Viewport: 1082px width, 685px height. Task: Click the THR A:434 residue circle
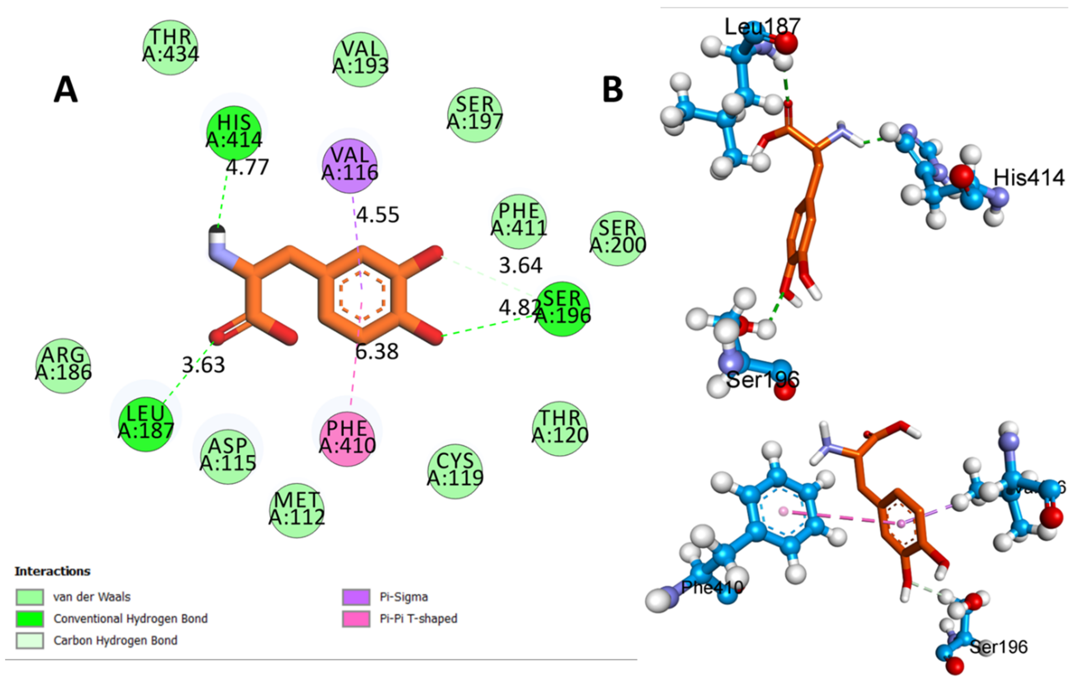pyautogui.click(x=170, y=48)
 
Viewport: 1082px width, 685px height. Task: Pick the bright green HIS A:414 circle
pyautogui.click(x=234, y=133)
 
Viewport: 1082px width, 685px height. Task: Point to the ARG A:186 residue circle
pyautogui.click(x=63, y=366)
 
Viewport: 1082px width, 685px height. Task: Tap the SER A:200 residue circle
pyautogui.click(x=617, y=239)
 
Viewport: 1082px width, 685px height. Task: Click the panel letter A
pyautogui.click(x=66, y=90)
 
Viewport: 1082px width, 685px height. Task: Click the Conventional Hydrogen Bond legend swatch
pyautogui.click(x=30, y=619)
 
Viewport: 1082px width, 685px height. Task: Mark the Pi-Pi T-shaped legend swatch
pyautogui.click(x=356, y=619)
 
